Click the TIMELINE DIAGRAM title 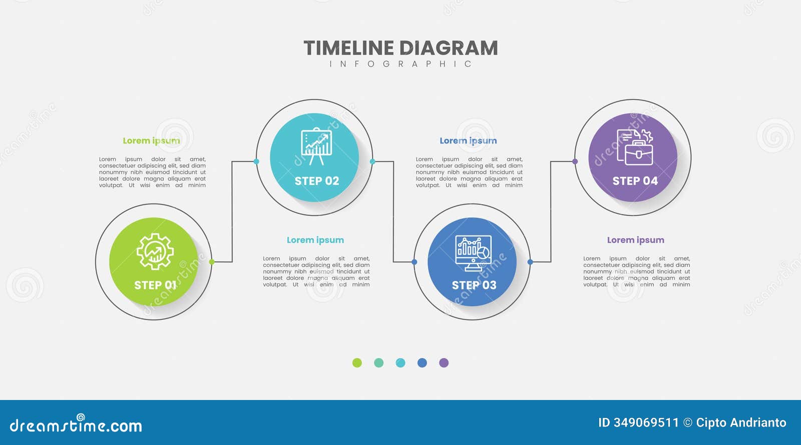(x=400, y=48)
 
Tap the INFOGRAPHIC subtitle (x=400, y=64)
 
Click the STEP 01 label (x=155, y=285)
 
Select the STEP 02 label (x=316, y=181)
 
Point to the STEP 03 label (x=474, y=285)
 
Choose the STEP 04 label (x=635, y=181)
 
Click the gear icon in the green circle (x=155, y=251)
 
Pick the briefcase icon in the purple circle (x=635, y=147)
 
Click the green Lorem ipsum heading (x=151, y=141)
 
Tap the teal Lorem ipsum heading (x=315, y=240)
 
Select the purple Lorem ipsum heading (x=635, y=240)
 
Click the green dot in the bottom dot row (x=357, y=363)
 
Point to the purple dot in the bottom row (x=444, y=363)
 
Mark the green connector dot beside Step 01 (x=212, y=262)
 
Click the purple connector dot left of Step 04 (x=575, y=161)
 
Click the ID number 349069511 (x=646, y=423)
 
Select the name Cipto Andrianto (x=741, y=423)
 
